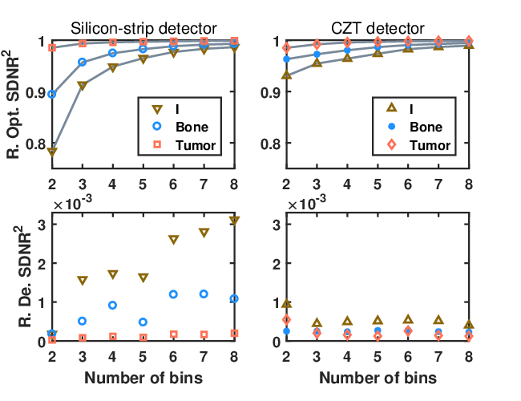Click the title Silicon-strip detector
coord(143,29)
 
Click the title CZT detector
coord(378,29)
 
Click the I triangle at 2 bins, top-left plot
coord(52,152)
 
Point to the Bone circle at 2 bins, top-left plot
coord(52,95)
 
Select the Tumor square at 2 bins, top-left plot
coord(52,48)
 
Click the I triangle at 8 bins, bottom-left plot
coord(234,221)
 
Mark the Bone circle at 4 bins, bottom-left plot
coord(113,306)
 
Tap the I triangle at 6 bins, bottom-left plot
coord(173,240)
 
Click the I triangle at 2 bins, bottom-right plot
coord(286,303)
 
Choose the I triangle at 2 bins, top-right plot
coord(286,75)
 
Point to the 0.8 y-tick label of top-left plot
coord(36,144)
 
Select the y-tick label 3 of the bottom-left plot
coord(42,225)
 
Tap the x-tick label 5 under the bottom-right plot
coord(378,357)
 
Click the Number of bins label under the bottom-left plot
coord(143,378)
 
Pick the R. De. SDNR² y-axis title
coord(24,277)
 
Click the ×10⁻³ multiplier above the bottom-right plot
coord(306,203)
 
